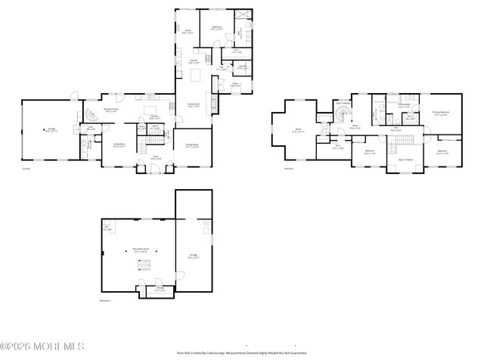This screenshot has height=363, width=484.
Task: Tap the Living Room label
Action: click(119, 145)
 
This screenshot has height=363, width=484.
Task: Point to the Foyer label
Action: click(154, 157)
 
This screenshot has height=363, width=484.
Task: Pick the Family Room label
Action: click(193, 105)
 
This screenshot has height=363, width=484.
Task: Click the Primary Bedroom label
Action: click(441, 114)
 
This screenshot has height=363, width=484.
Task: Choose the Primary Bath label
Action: click(404, 105)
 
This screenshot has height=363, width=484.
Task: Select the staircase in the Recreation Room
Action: click(139, 265)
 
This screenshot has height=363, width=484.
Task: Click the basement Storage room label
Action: click(160, 289)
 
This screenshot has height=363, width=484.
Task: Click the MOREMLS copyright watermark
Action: click(42, 346)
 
